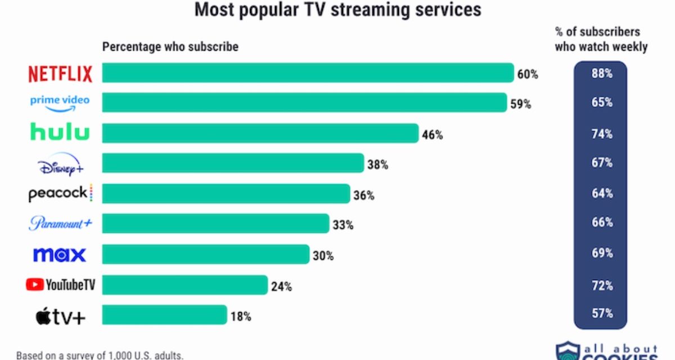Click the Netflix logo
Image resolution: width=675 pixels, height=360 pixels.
(60, 74)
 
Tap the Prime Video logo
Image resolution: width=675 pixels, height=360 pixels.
(60, 103)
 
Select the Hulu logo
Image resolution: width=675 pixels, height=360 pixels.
(60, 133)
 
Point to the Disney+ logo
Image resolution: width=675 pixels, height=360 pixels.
(60, 164)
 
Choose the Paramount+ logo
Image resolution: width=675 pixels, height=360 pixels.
(60, 224)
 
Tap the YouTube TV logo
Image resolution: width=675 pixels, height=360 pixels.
(60, 285)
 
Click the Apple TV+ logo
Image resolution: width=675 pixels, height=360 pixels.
(60, 316)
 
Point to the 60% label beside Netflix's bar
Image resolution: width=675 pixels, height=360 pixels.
(528, 74)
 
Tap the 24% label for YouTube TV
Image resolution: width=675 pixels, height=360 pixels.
(281, 286)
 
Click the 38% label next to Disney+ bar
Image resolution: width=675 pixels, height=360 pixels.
(378, 165)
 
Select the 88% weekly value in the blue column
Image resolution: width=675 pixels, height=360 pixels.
(601, 73)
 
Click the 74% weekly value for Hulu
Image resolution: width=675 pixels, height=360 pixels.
(601, 133)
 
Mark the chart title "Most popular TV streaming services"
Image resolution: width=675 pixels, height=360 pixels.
(337, 10)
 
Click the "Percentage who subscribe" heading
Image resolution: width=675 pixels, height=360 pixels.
(170, 47)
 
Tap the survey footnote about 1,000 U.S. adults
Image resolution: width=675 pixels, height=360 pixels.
(100, 355)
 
